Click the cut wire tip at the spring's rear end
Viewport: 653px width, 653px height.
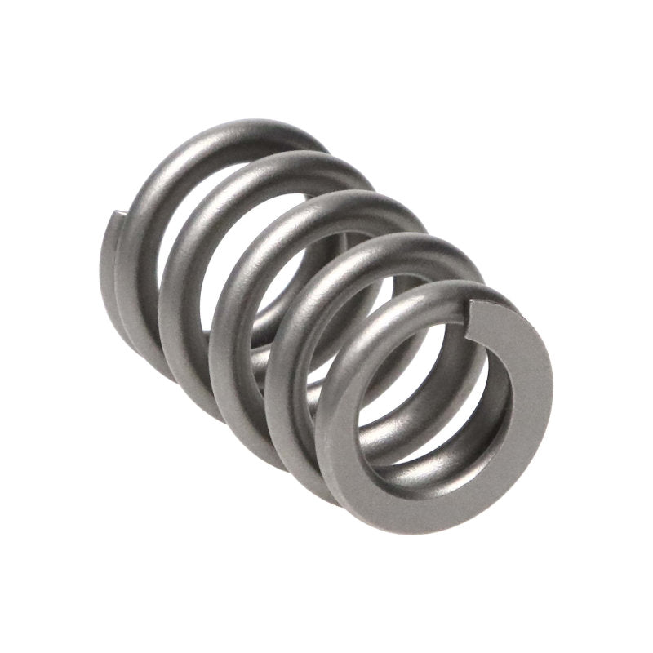click(x=116, y=218)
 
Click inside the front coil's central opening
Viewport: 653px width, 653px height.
click(x=433, y=400)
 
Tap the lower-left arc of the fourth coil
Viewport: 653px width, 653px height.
click(x=282, y=424)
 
